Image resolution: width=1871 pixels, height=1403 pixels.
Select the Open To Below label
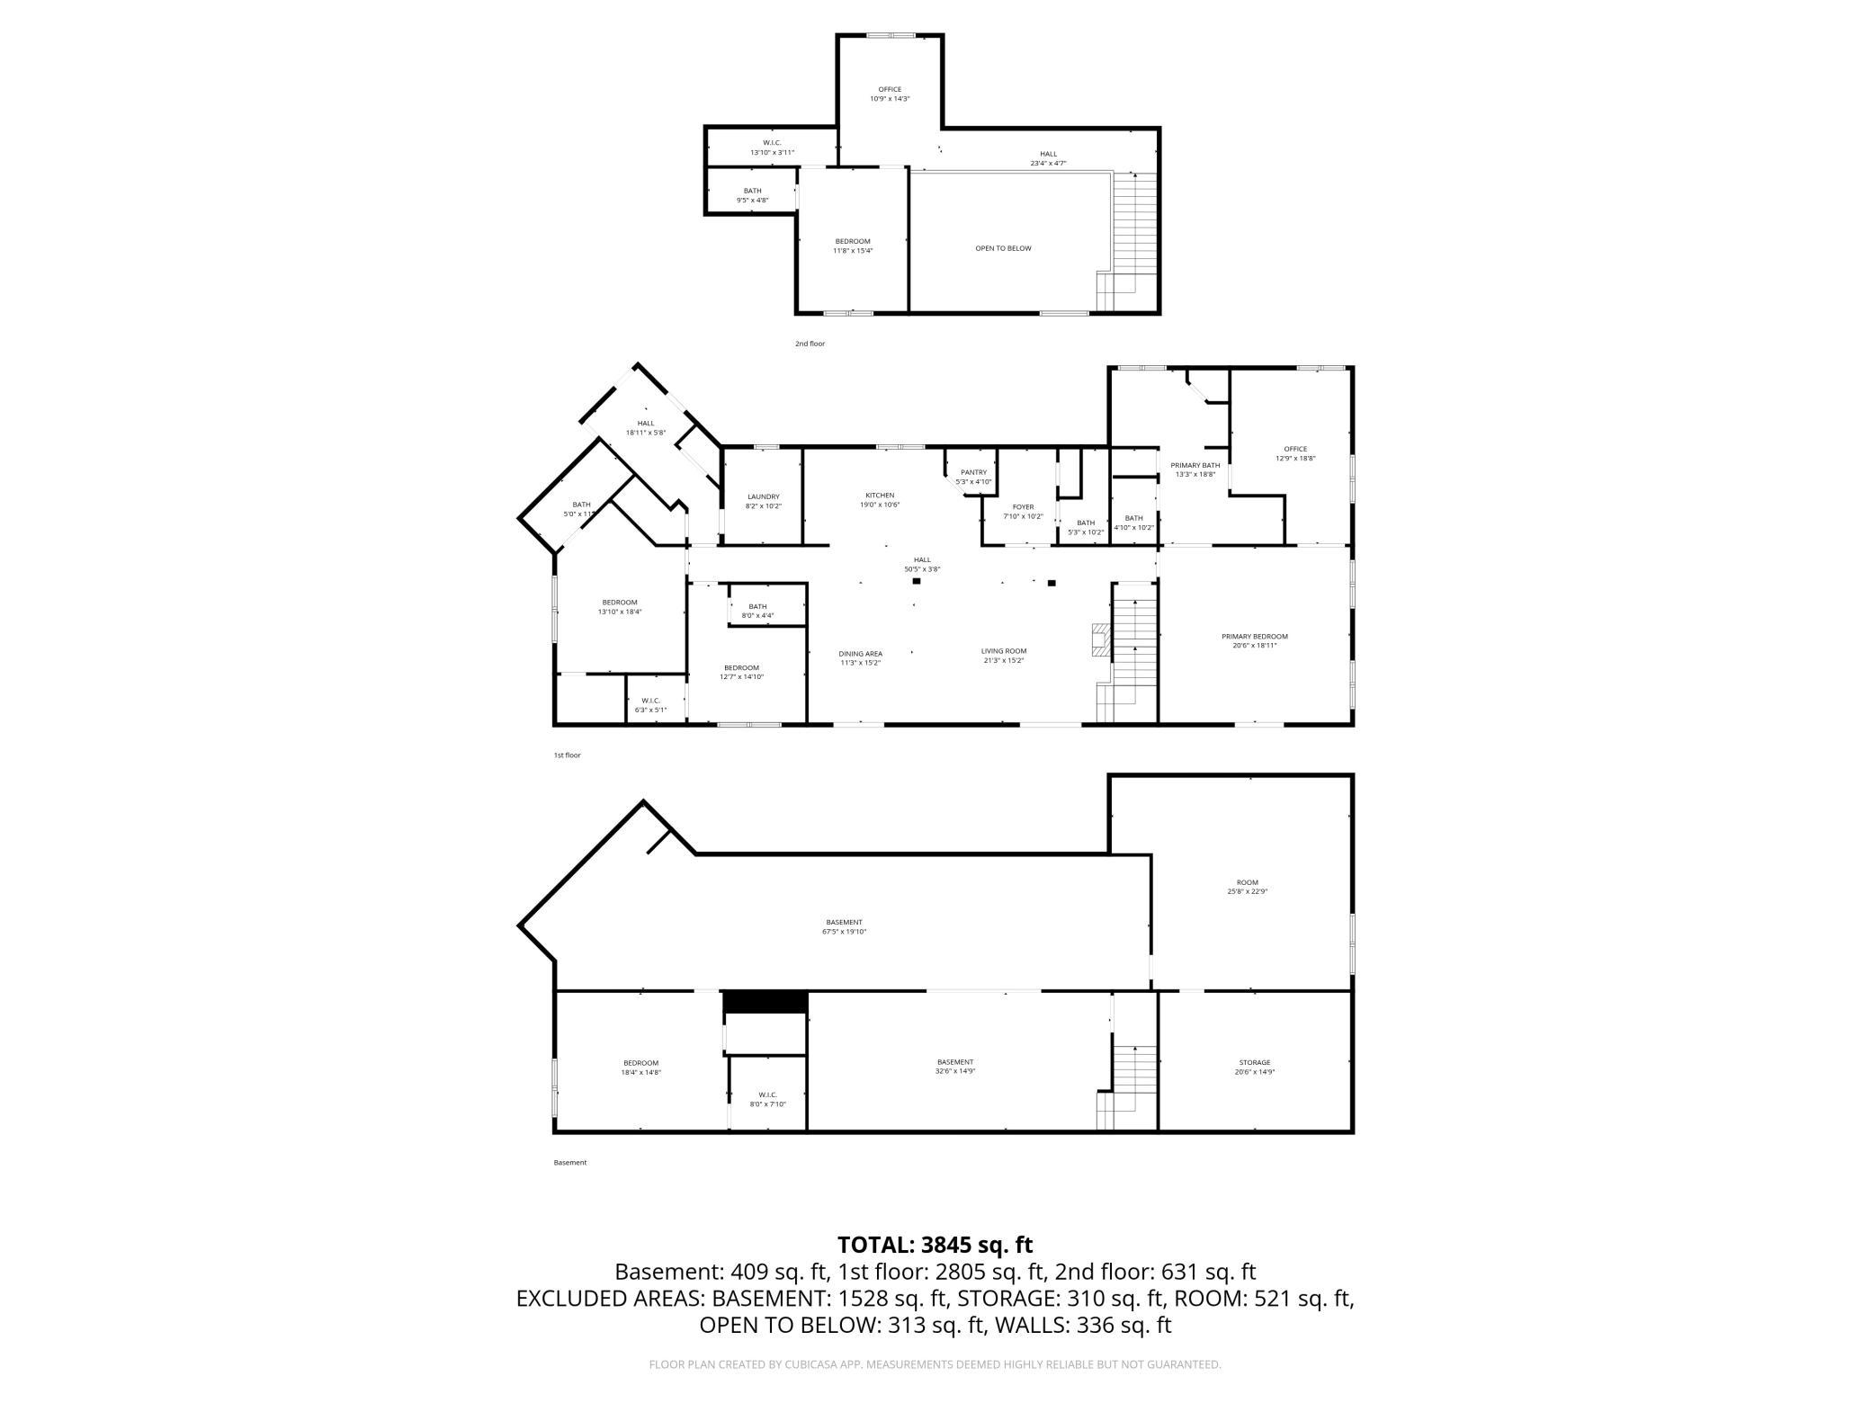1003,248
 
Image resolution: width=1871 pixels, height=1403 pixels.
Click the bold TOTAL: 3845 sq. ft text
935,1245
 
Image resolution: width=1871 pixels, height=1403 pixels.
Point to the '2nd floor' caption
810,344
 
